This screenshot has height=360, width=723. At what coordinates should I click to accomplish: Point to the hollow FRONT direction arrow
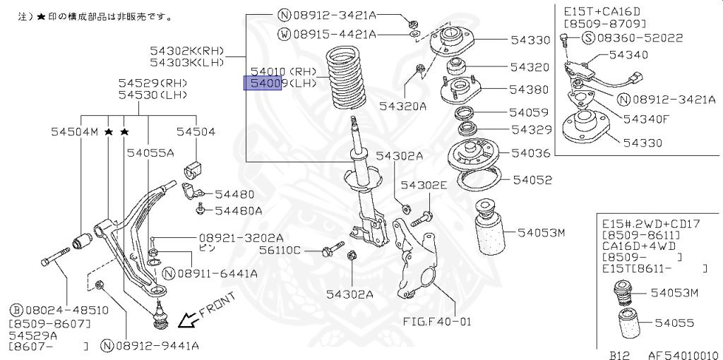[x=188, y=321]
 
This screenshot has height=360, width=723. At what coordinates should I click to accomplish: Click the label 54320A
[x=402, y=106]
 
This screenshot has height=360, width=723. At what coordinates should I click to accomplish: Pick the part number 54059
[x=530, y=112]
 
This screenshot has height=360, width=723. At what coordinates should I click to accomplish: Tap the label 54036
[x=530, y=152]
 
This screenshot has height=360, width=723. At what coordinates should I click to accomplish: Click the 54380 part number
[x=530, y=90]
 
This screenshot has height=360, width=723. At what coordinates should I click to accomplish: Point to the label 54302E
[x=424, y=185]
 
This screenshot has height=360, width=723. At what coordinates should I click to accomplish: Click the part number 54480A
[x=239, y=210]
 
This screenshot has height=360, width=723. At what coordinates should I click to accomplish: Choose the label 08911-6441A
[x=217, y=273]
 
